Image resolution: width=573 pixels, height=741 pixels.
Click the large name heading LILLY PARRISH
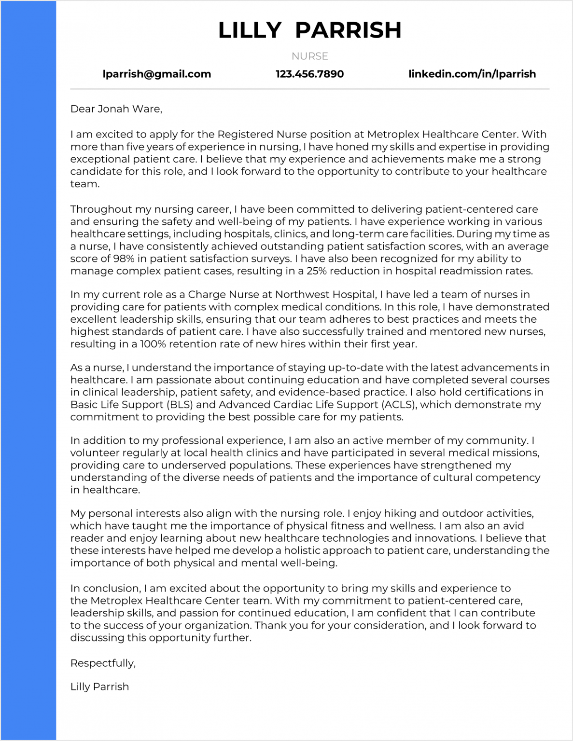coord(309,30)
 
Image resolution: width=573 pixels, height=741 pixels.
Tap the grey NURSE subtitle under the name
coord(309,56)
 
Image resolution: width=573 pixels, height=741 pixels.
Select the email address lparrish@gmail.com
coord(157,74)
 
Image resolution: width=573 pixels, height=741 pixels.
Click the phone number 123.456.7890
coord(309,74)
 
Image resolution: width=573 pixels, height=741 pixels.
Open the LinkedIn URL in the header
coord(472,74)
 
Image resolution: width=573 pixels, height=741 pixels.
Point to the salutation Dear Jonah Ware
coord(116,109)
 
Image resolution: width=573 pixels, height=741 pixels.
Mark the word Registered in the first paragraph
coord(245,135)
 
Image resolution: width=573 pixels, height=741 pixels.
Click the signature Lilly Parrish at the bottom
coord(99,686)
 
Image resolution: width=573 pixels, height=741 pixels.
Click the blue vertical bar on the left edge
coord(28,370)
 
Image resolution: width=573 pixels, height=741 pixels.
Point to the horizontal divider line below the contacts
coord(309,89)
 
